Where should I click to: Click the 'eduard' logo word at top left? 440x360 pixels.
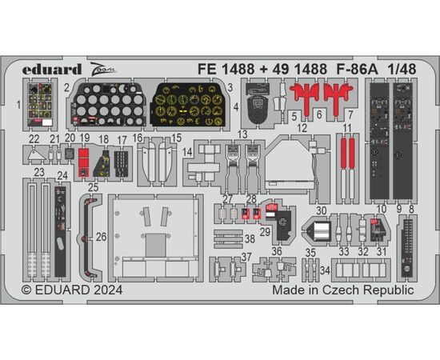pos(52,70)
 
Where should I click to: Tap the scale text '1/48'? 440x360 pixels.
pos(402,69)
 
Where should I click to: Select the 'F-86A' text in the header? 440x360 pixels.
pos(357,69)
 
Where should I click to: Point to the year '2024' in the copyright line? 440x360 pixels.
pos(108,290)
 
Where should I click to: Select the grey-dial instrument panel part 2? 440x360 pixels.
pos(108,104)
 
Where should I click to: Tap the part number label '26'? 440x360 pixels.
pos(101,237)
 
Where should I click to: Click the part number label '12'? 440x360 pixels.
pos(302,128)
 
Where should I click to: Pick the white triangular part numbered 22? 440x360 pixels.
pos(36,155)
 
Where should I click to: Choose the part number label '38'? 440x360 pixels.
pos(250,239)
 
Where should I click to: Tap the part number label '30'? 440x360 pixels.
pos(322,210)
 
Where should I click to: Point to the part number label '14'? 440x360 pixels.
pos(187,152)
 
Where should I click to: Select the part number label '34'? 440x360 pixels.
pos(325,270)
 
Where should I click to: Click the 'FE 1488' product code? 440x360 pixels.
pos(226,69)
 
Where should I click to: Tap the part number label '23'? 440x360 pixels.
pos(39,172)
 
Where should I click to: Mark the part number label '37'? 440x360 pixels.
pos(246,257)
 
